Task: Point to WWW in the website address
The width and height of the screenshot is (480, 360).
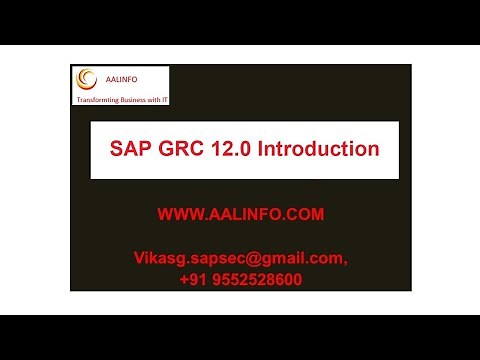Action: click(x=178, y=215)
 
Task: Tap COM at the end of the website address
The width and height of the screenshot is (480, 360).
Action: click(x=305, y=215)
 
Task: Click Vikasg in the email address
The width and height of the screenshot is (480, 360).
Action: click(x=158, y=258)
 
